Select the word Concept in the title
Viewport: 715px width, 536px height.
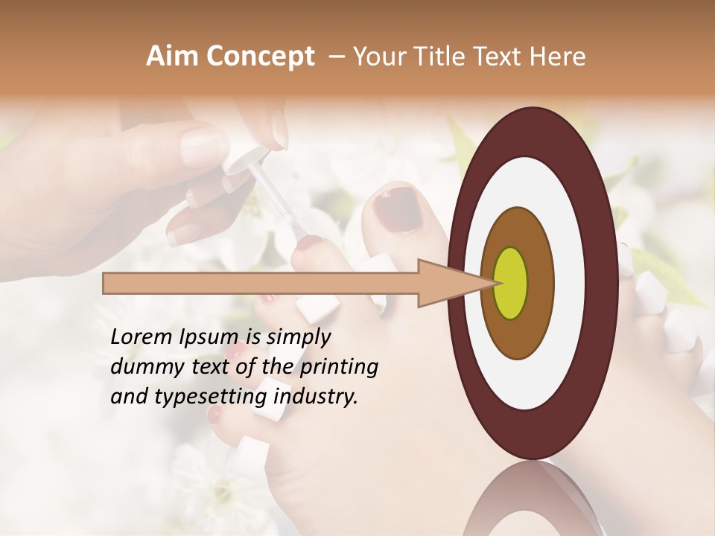pyautogui.click(x=260, y=57)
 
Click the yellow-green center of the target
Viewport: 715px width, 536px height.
pyautogui.click(x=510, y=283)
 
